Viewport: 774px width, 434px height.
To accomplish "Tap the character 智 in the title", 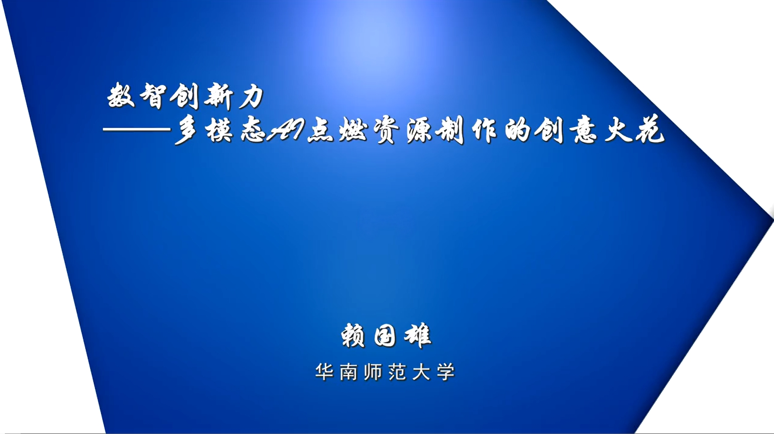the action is click(153, 96).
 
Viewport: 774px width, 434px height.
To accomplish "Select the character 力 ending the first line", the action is click(251, 96).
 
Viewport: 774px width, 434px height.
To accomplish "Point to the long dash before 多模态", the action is click(137, 129).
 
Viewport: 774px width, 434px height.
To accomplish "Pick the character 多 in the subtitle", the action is click(186, 130).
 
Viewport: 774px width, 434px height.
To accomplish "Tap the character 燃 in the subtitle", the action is click(353, 130).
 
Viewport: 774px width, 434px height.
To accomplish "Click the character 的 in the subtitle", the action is click(518, 130).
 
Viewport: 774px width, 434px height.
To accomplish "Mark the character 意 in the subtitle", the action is click(584, 130).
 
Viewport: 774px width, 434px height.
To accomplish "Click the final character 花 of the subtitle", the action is click(650, 129).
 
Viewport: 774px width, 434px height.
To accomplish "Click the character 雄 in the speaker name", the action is click(418, 335).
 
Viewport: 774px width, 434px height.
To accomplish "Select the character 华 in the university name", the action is click(324, 371).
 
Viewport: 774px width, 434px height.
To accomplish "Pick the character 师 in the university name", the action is click(373, 371).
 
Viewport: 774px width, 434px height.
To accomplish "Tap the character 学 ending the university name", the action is click(446, 371).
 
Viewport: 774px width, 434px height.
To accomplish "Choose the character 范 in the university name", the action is click(397, 371).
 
